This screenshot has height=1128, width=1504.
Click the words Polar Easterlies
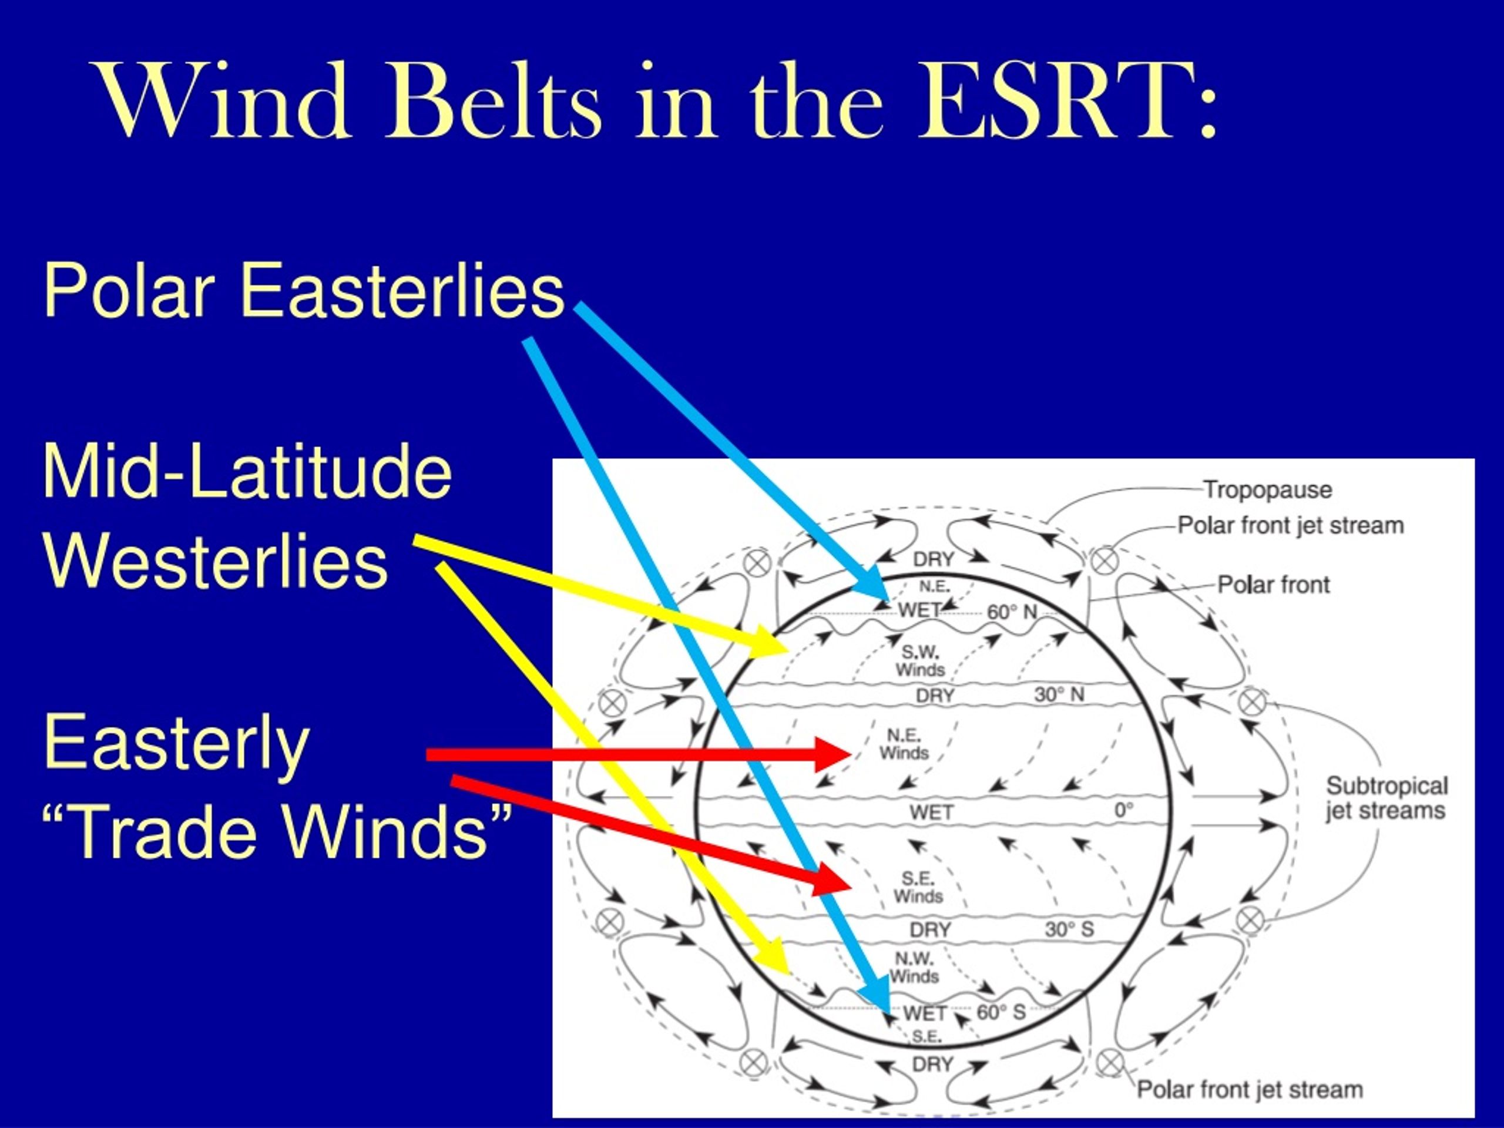click(304, 290)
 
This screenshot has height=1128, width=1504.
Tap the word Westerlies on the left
click(216, 562)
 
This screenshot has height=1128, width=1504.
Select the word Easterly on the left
click(177, 744)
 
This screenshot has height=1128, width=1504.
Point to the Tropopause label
click(1267, 489)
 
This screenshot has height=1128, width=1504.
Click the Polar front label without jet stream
click(1273, 585)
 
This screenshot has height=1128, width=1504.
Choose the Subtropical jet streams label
click(1386, 798)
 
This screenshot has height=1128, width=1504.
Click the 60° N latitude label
click(1012, 612)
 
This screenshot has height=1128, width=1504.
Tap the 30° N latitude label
click(1059, 694)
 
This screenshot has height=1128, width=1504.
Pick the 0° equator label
click(1124, 810)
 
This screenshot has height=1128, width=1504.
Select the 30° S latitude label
click(1069, 929)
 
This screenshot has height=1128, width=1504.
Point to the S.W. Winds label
click(920, 661)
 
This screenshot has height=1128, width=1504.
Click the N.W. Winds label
click(914, 968)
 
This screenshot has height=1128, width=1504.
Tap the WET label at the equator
click(932, 812)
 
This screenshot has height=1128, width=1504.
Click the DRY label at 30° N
click(935, 696)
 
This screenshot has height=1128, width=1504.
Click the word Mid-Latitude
click(247, 472)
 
